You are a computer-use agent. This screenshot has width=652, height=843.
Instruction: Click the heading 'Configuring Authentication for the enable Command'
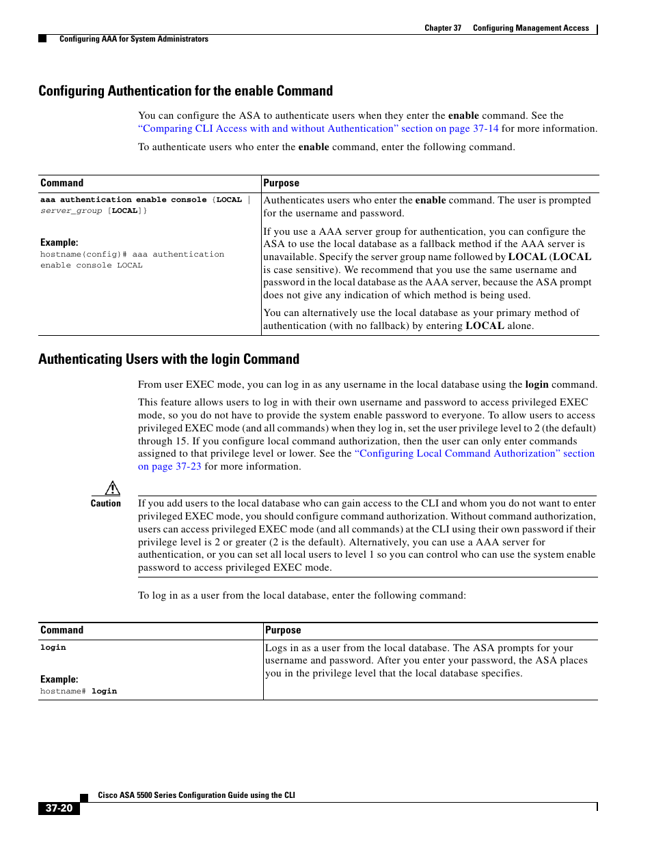[185, 91]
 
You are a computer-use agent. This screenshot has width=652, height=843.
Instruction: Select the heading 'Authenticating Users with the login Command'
[169, 359]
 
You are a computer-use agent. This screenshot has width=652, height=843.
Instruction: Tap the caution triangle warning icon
[113, 488]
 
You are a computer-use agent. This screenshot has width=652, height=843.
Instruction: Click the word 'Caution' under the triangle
[106, 504]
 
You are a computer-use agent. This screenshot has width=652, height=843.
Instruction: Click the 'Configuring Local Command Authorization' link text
[457, 453]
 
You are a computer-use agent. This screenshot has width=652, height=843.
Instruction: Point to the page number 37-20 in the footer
[59, 808]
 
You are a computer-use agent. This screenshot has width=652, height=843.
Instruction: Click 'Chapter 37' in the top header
[443, 28]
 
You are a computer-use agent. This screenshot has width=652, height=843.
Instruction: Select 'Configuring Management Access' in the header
[531, 28]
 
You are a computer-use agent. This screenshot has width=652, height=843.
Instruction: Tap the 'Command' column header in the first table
[62, 183]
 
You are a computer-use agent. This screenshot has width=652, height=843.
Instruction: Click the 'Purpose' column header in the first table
[282, 183]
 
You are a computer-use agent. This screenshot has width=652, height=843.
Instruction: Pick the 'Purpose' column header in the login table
[283, 630]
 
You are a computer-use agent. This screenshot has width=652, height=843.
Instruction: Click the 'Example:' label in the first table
[59, 242]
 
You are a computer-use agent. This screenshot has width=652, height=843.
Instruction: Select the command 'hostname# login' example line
[79, 691]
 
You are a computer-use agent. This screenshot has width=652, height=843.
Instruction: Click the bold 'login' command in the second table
[53, 647]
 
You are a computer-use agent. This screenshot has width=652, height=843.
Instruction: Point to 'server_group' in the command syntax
[71, 211]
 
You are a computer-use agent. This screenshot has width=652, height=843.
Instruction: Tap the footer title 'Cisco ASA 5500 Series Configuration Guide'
[197, 795]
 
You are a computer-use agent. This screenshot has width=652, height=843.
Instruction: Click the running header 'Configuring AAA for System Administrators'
[134, 39]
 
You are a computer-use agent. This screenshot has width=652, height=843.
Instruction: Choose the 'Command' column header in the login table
[62, 630]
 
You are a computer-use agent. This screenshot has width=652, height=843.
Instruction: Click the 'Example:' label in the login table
[59, 679]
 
